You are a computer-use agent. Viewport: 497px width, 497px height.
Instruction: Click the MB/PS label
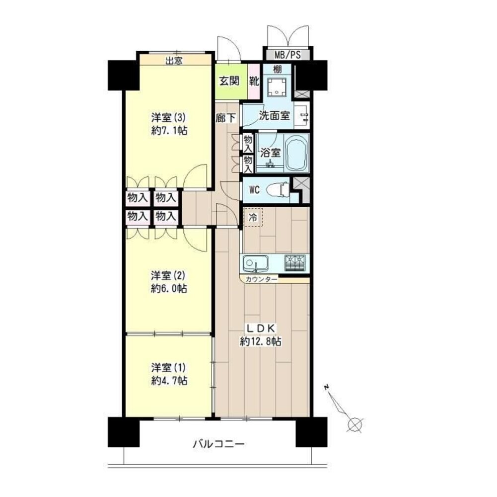pyautogui.click(x=287, y=55)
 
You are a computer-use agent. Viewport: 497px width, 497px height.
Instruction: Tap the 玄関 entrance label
pyautogui.click(x=229, y=81)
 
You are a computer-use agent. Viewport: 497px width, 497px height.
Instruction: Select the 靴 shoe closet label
pyautogui.click(x=254, y=81)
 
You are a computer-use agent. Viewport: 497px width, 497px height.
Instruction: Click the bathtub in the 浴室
pyautogui.click(x=297, y=153)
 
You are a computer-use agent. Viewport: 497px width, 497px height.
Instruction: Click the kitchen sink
pyautogui.click(x=256, y=264)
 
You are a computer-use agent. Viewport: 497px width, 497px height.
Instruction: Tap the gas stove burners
pyautogui.click(x=296, y=263)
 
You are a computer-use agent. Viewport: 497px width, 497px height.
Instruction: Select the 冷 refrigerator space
pyautogui.click(x=253, y=217)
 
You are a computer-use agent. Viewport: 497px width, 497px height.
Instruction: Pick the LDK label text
pyautogui.click(x=261, y=329)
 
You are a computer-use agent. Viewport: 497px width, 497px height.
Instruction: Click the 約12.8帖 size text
pyautogui.click(x=261, y=341)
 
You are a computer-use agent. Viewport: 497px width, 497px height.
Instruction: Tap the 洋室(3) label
pyautogui.click(x=168, y=118)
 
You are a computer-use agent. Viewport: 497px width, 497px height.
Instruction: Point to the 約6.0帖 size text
pyautogui.click(x=169, y=289)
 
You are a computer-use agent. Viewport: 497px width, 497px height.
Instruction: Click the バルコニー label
pyautogui.click(x=218, y=444)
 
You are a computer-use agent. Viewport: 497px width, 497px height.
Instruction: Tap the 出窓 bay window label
pyautogui.click(x=174, y=61)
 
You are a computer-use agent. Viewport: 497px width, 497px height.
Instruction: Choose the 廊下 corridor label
pyautogui.click(x=226, y=118)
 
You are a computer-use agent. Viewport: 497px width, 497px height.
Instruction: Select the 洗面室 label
pyautogui.click(x=275, y=116)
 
